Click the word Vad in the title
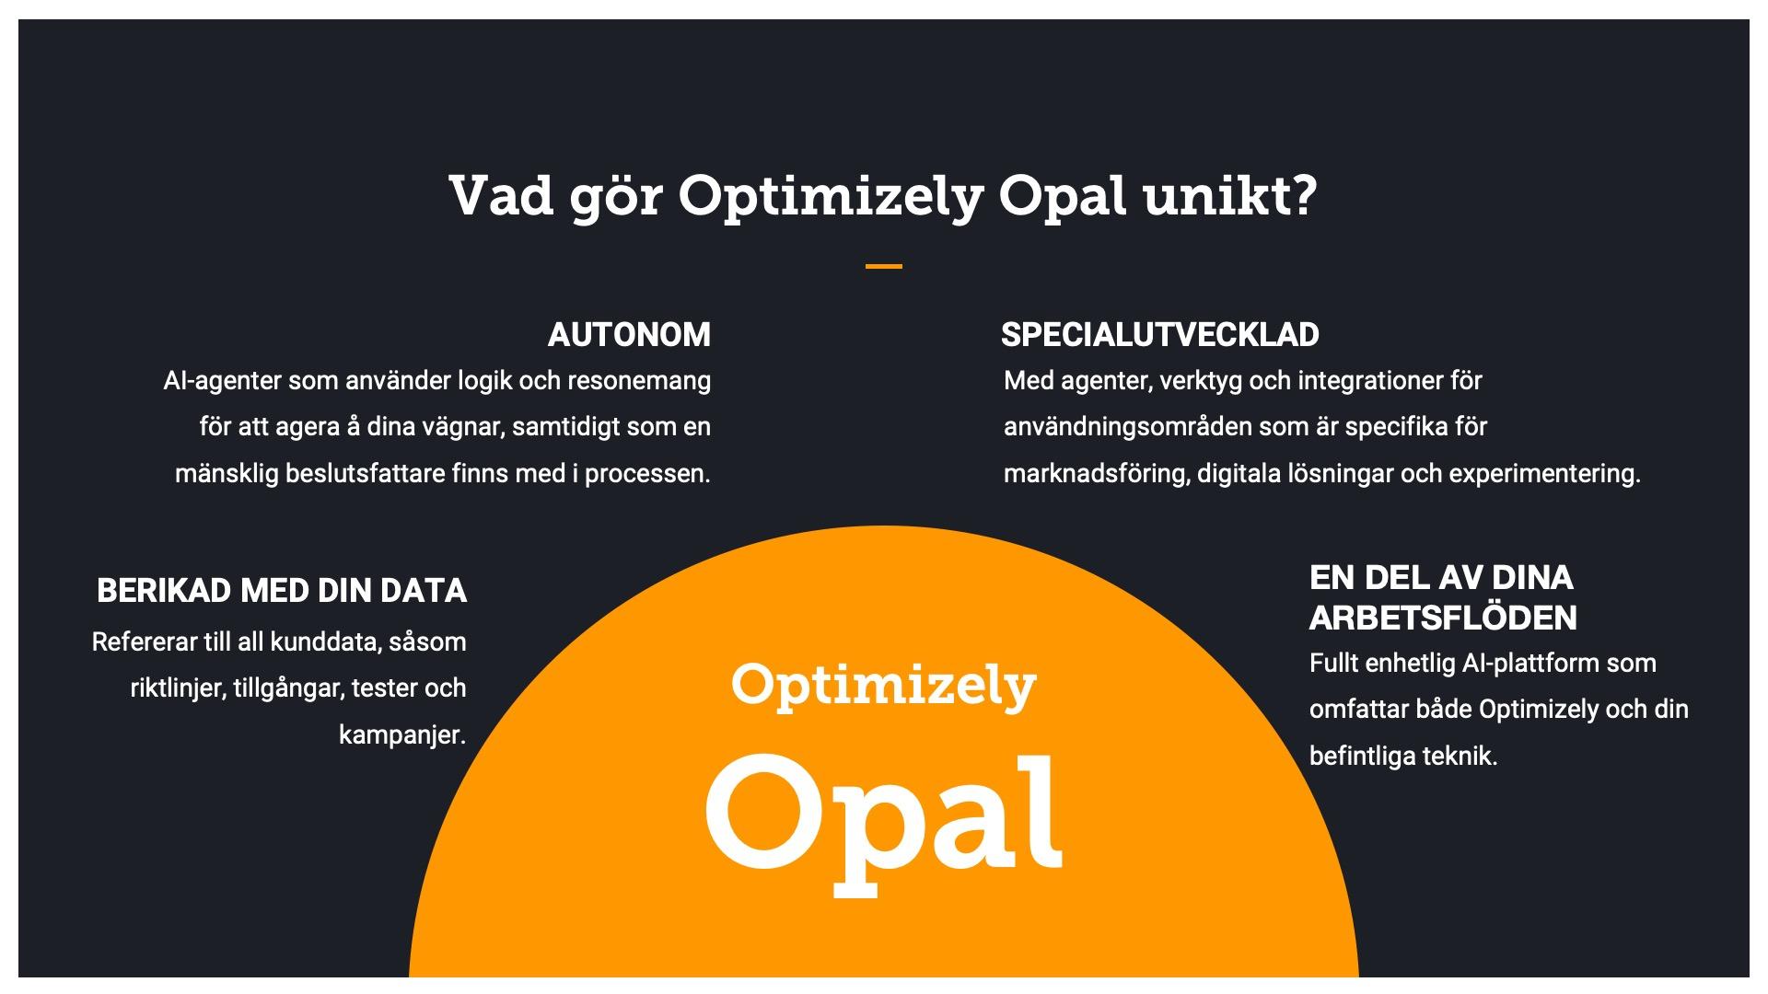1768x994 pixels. click(501, 195)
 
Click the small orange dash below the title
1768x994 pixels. click(883, 267)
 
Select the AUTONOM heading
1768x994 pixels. click(629, 335)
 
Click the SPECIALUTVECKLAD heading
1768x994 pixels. click(1159, 335)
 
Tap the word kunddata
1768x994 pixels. click(325, 641)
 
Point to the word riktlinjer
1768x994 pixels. click(176, 688)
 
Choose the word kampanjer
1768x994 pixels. click(402, 735)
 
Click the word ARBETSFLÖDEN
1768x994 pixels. click(1443, 618)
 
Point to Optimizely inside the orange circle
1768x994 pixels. click(884, 686)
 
